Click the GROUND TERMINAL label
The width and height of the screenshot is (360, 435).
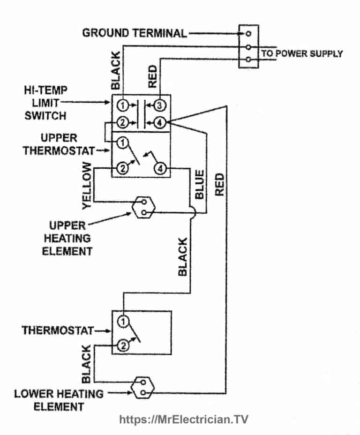[134, 33]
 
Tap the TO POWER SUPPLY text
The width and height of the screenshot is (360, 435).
[301, 53]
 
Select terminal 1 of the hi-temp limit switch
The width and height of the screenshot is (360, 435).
[122, 104]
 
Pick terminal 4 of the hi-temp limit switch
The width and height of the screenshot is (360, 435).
[160, 123]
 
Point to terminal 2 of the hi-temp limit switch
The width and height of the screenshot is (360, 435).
[122, 123]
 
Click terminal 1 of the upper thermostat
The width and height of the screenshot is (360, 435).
[122, 141]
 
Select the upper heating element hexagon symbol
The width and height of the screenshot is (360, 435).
[142, 208]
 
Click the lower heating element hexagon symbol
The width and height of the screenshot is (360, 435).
[142, 387]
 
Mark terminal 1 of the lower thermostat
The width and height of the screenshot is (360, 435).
[122, 321]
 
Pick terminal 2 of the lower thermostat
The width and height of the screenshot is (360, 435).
[122, 346]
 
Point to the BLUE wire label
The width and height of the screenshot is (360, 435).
[199, 185]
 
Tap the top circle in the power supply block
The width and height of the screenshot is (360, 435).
[248, 33]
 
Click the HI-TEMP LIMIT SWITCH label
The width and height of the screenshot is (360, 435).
[45, 102]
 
